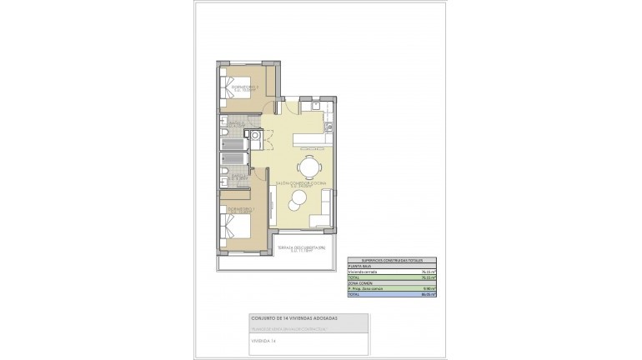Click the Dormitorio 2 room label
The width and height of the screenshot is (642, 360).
(x=245, y=87)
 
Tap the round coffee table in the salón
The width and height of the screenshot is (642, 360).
(x=298, y=197)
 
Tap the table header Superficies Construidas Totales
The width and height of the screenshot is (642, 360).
(x=392, y=260)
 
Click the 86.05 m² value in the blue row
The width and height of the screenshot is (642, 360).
(x=429, y=295)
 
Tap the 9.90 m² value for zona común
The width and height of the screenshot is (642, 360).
(x=431, y=288)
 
